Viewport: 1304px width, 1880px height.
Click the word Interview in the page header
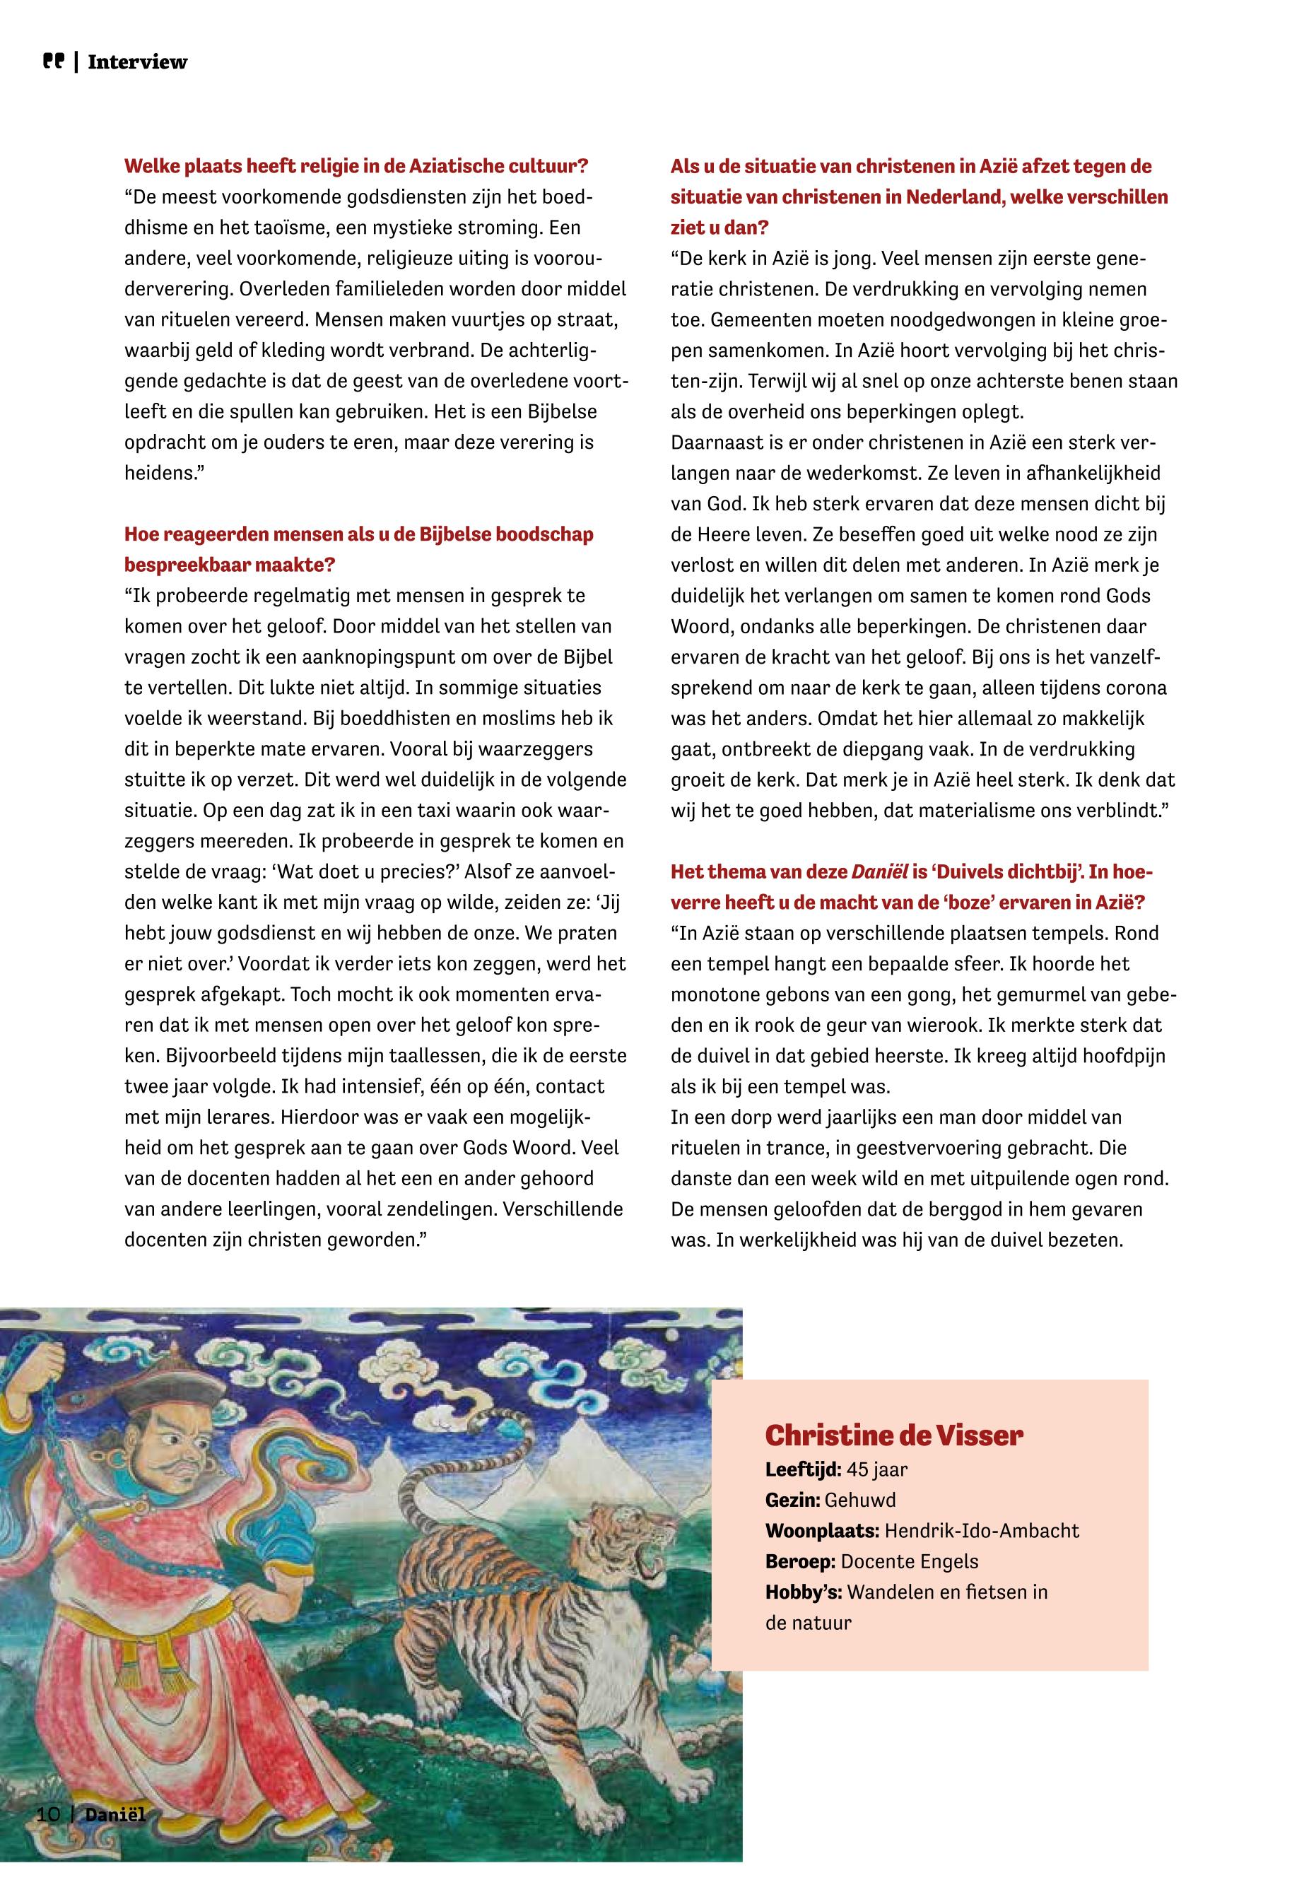(137, 62)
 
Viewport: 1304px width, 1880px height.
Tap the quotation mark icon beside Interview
(53, 61)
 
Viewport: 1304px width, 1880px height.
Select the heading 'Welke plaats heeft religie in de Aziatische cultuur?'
(356, 167)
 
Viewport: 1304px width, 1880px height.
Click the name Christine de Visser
(894, 1435)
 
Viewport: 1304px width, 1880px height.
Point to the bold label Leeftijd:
(802, 1470)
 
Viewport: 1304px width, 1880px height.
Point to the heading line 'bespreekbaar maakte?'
(230, 565)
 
